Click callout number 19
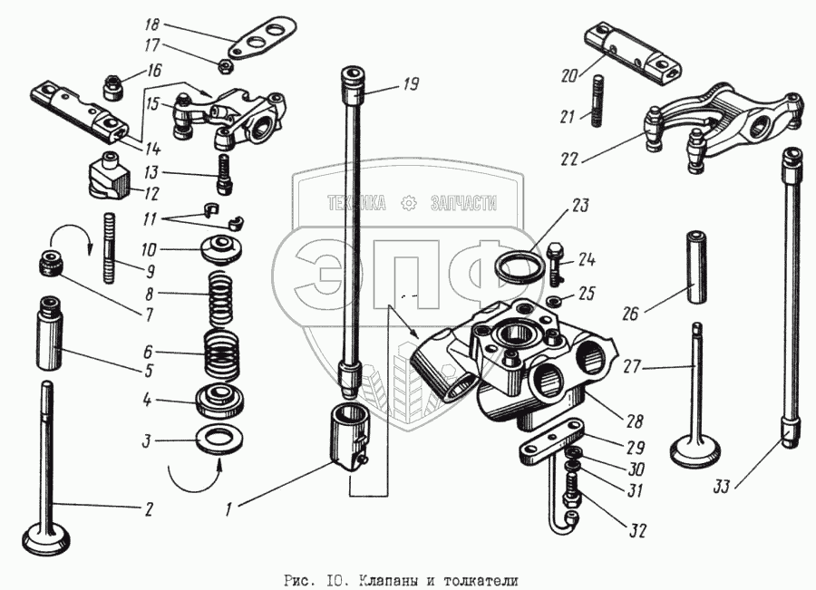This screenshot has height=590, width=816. [x=410, y=85]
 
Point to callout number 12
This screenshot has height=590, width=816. [x=151, y=192]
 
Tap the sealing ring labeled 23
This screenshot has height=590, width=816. [x=518, y=268]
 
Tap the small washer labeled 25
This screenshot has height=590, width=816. [x=553, y=300]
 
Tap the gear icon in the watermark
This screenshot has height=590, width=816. [x=409, y=203]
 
